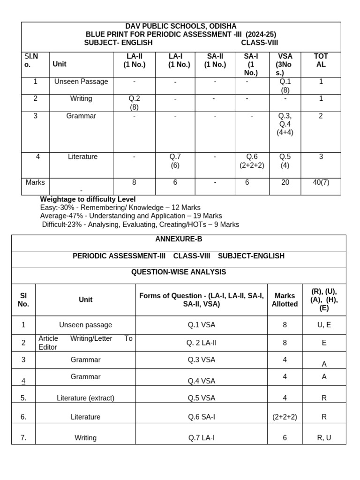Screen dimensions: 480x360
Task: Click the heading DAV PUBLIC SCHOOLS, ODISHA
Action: [x=180, y=26]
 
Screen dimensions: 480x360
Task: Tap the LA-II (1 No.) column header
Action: [x=135, y=60]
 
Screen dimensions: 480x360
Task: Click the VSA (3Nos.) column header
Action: [x=285, y=64]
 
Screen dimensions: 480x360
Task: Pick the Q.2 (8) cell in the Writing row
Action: [x=135, y=103]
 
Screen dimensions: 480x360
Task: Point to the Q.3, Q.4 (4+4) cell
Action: [x=285, y=124]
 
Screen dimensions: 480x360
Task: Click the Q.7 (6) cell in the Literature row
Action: [x=175, y=161]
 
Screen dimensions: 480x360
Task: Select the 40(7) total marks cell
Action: [x=321, y=182]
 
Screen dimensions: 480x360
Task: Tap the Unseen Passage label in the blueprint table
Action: [x=81, y=82]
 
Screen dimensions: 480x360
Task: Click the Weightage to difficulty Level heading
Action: [x=88, y=199]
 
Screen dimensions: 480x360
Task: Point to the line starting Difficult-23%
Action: [x=140, y=225]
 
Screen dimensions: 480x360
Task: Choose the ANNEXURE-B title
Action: [x=179, y=239]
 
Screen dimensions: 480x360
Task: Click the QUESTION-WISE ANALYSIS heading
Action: [x=179, y=272]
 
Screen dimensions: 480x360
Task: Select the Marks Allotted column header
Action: [x=285, y=300]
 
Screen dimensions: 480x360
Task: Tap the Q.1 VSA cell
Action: [x=202, y=325]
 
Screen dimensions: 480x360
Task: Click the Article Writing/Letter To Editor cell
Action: [x=85, y=343]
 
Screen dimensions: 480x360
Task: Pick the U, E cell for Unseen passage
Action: [x=324, y=325]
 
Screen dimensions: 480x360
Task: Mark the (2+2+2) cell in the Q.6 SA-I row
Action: [x=285, y=417]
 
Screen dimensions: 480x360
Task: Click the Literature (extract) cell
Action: [x=85, y=398]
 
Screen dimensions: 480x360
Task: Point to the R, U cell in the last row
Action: [x=324, y=438]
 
